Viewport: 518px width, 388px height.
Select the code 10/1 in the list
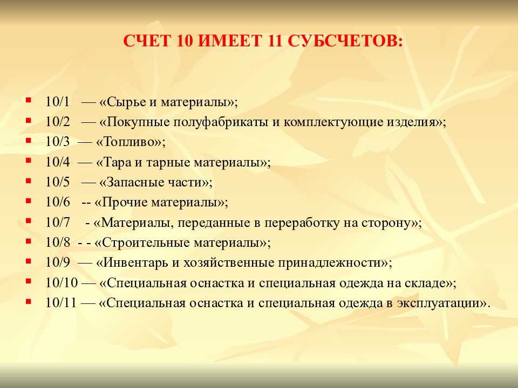click(x=58, y=102)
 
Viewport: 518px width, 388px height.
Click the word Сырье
click(x=126, y=102)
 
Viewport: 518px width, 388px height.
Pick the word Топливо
click(x=130, y=142)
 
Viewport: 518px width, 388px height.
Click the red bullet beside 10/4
click(x=29, y=161)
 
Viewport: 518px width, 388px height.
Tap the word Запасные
click(x=133, y=182)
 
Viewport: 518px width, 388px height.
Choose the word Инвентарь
click(x=135, y=263)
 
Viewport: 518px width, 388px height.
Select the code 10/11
click(x=61, y=303)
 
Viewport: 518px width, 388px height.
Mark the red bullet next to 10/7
click(x=29, y=221)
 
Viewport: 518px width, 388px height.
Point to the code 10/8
click(x=58, y=242)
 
